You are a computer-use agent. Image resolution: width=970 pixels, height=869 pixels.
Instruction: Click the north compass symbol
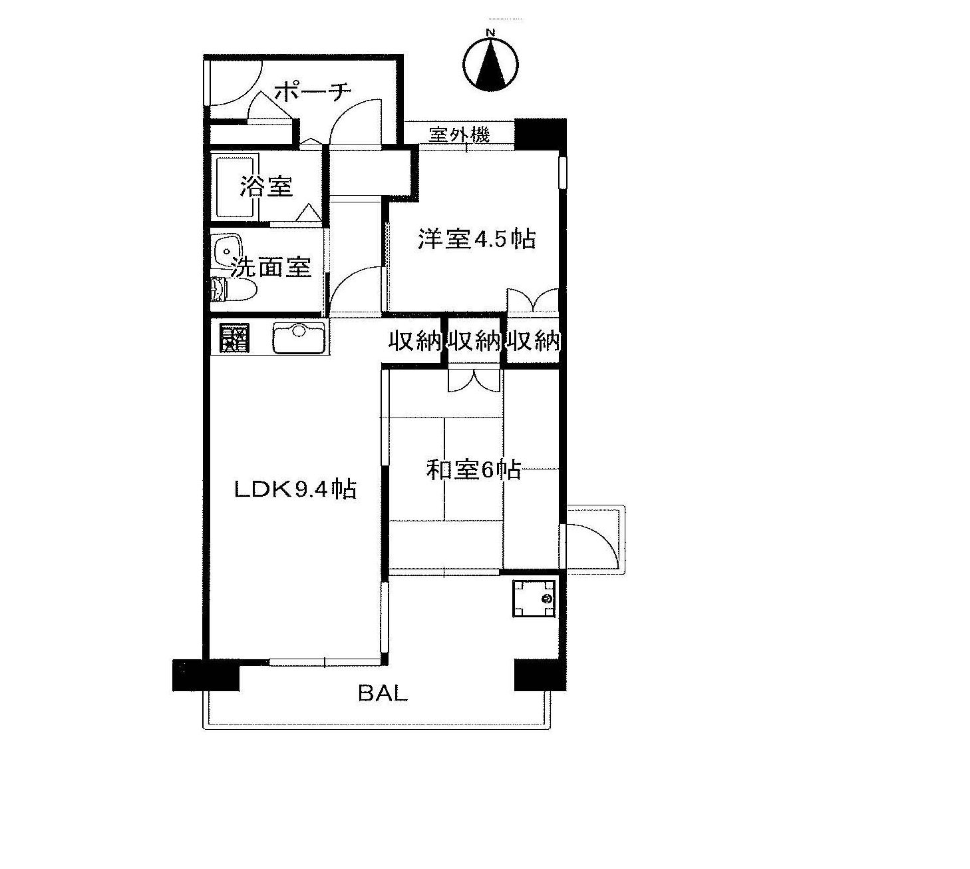tap(490, 63)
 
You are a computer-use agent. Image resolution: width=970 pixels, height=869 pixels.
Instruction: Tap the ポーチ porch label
tap(313, 91)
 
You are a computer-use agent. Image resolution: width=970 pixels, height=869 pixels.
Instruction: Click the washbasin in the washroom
tap(230, 250)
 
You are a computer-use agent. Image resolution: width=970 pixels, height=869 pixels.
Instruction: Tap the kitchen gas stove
tap(235, 338)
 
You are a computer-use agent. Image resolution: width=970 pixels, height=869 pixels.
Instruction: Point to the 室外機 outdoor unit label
tap(459, 135)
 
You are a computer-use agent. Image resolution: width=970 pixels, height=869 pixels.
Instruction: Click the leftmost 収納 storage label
tap(414, 341)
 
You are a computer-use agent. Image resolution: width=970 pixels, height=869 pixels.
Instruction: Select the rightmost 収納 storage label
tap(534, 341)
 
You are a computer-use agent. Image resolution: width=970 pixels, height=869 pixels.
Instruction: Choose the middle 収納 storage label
tap(474, 341)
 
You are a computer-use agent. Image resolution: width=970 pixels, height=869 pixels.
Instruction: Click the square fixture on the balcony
tap(534, 598)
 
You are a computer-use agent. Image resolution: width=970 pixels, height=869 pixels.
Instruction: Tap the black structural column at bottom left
tap(206, 675)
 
